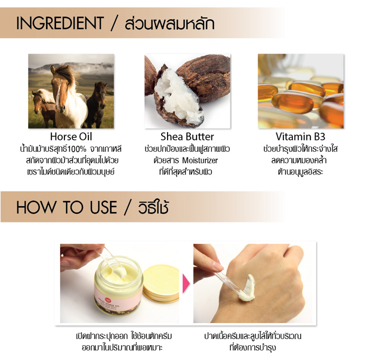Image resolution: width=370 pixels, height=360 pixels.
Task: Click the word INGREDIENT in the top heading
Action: click(x=60, y=23)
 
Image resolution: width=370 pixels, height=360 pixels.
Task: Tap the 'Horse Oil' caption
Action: click(x=71, y=137)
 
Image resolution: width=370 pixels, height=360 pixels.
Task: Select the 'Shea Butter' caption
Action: click(x=187, y=137)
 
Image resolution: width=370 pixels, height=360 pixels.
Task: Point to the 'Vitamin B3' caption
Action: click(x=300, y=137)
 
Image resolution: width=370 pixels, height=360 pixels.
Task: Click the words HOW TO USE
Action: click(x=67, y=207)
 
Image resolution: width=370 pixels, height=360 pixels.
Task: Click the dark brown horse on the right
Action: click(x=97, y=104)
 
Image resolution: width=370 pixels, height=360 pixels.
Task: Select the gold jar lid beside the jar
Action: click(x=161, y=283)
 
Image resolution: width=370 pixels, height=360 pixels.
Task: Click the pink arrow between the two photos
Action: click(x=186, y=283)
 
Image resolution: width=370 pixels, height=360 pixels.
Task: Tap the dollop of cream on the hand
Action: click(x=248, y=289)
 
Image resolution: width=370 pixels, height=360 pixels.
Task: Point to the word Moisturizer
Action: click(x=200, y=161)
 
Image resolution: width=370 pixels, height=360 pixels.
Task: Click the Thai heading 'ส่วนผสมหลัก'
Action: click(x=170, y=24)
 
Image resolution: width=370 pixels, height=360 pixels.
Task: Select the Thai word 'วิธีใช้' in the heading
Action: click(x=153, y=207)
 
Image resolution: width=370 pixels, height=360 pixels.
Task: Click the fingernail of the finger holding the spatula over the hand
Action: click(x=218, y=266)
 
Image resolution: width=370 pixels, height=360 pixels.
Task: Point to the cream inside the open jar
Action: click(x=119, y=274)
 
